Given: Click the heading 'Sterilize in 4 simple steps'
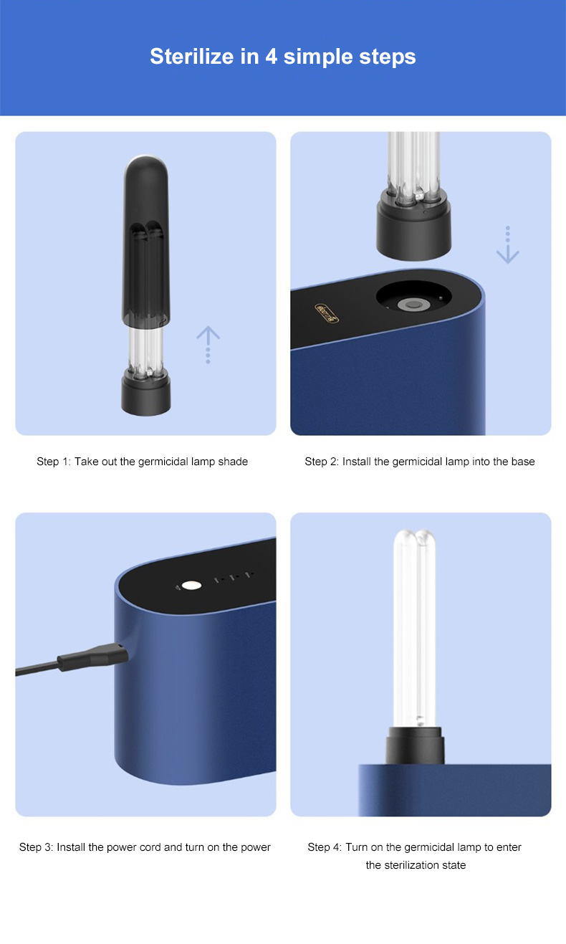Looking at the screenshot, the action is tap(282, 57).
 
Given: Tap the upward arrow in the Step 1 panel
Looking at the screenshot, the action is tap(208, 344).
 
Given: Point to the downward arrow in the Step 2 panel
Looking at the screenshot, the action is tap(507, 245).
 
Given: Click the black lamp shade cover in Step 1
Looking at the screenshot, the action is tap(146, 240).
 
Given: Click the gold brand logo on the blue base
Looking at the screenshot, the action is tap(327, 313).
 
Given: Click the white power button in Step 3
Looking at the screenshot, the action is tap(191, 586).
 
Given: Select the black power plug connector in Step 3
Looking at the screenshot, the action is tap(93, 657).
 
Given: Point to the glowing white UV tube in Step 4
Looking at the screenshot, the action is tap(414, 629).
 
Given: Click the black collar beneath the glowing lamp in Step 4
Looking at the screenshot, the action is tap(415, 745).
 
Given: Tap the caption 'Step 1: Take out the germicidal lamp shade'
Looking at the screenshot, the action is tap(142, 462).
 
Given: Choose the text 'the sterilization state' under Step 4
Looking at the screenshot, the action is tap(416, 865).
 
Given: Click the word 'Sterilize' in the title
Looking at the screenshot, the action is tap(191, 57).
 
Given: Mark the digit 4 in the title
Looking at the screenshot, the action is tap(272, 57).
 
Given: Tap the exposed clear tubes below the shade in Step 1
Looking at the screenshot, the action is tap(146, 348).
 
